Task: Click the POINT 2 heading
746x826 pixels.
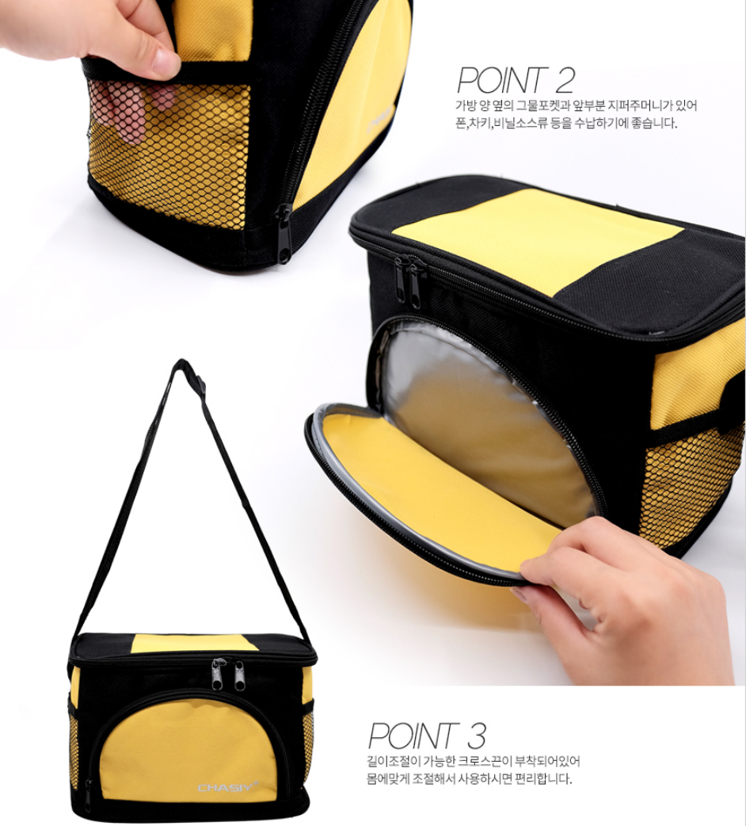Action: pyautogui.click(x=515, y=80)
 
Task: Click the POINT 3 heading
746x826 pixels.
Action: pyautogui.click(x=427, y=736)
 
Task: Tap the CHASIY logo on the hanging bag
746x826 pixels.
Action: pyautogui.click(x=228, y=787)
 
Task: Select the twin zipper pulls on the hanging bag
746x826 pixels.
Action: pyautogui.click(x=228, y=675)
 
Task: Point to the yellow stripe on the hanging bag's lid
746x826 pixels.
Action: pyautogui.click(x=195, y=643)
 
